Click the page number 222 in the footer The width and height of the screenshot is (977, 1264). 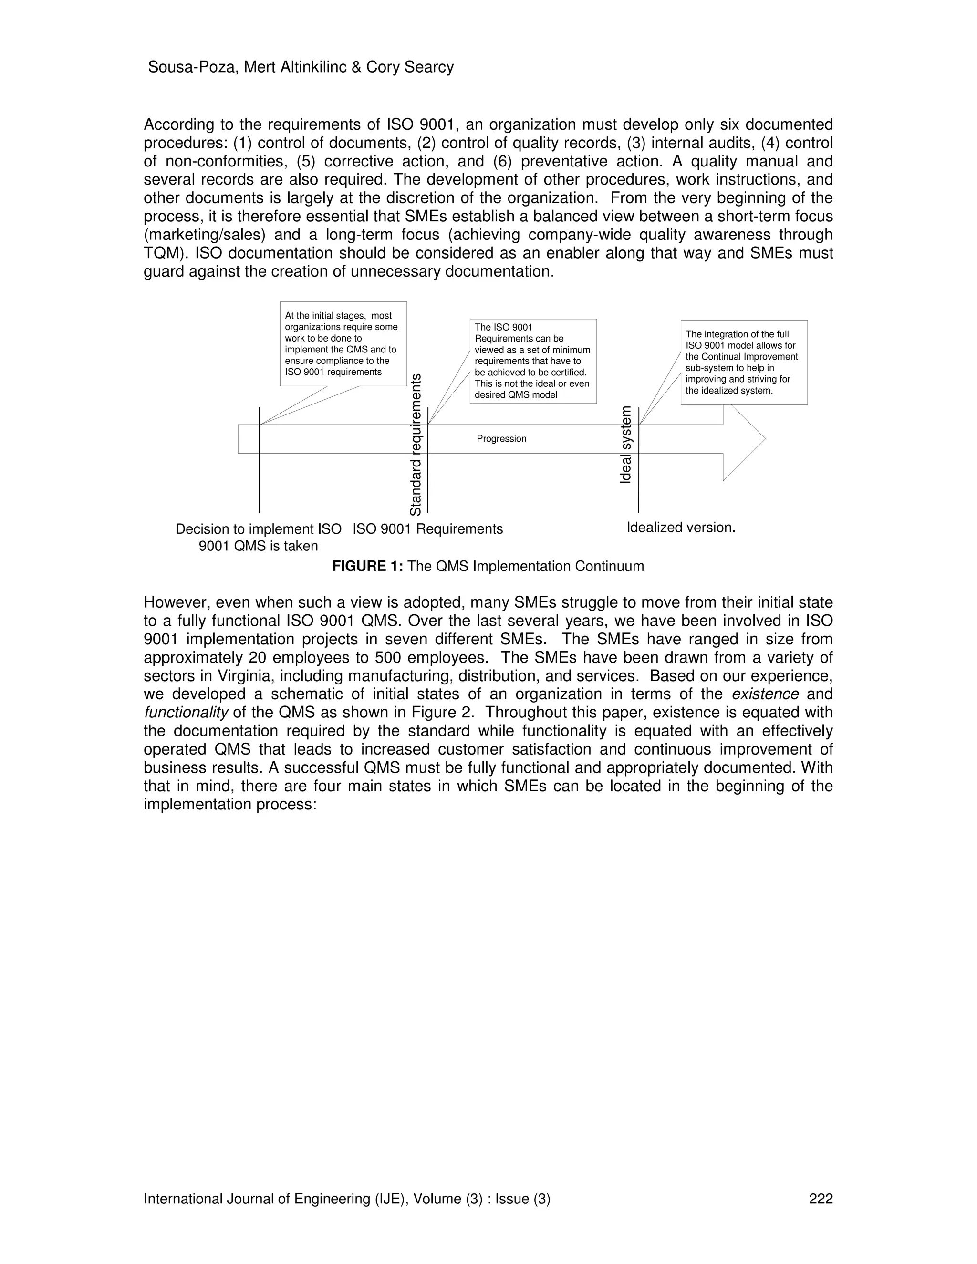821,1199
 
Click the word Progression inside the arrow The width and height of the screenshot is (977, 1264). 501,439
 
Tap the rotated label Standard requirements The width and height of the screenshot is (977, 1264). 416,445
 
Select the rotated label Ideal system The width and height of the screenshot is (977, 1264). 626,445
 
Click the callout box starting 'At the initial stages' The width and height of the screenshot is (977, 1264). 343,344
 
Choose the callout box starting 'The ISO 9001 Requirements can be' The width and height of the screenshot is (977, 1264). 532,361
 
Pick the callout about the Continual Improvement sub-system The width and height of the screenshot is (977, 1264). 743,363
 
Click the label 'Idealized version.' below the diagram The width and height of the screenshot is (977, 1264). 681,528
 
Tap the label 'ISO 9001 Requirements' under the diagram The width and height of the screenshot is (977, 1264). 428,529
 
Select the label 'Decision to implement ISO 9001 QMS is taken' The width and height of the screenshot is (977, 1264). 258,537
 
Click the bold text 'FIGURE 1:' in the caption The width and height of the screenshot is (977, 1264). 367,566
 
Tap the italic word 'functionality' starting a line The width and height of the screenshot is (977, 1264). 186,713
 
